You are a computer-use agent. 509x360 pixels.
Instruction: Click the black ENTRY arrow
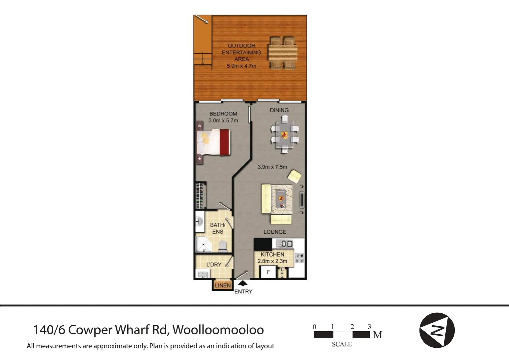coord(243,283)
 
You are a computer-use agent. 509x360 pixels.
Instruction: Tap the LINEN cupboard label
coord(223,286)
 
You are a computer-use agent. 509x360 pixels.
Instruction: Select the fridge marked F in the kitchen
coord(268,272)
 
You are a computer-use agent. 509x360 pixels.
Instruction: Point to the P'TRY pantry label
coord(282,273)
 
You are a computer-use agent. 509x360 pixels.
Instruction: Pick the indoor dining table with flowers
coord(284,135)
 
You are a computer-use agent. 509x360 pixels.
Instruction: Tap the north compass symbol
coord(437,330)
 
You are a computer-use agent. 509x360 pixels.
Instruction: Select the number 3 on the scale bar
coord(369,327)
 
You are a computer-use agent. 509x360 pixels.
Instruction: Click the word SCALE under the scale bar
coord(342,344)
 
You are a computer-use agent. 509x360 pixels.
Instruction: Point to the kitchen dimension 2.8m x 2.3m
coord(272,261)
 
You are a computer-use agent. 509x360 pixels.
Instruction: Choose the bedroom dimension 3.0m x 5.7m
coord(223,121)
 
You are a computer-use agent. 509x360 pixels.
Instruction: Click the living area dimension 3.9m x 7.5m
coord(272,167)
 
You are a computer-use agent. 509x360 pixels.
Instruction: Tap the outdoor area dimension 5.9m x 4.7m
coord(242,66)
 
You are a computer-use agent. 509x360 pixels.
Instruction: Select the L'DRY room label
coord(214,265)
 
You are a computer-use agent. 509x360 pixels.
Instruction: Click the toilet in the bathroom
coord(223,246)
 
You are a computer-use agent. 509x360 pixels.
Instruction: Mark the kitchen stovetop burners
coord(299,258)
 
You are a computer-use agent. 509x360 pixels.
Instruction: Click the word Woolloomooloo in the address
coord(218,330)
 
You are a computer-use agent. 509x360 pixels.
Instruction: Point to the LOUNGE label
coord(275,232)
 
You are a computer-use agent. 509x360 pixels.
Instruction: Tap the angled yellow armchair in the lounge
coord(295,176)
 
